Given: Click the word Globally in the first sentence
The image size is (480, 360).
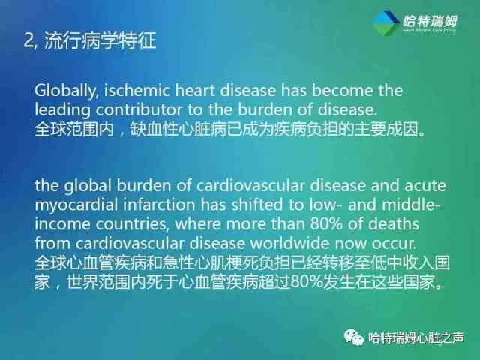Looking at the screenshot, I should pos(61,91).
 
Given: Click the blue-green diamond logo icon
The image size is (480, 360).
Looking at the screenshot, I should pos(385,23).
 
